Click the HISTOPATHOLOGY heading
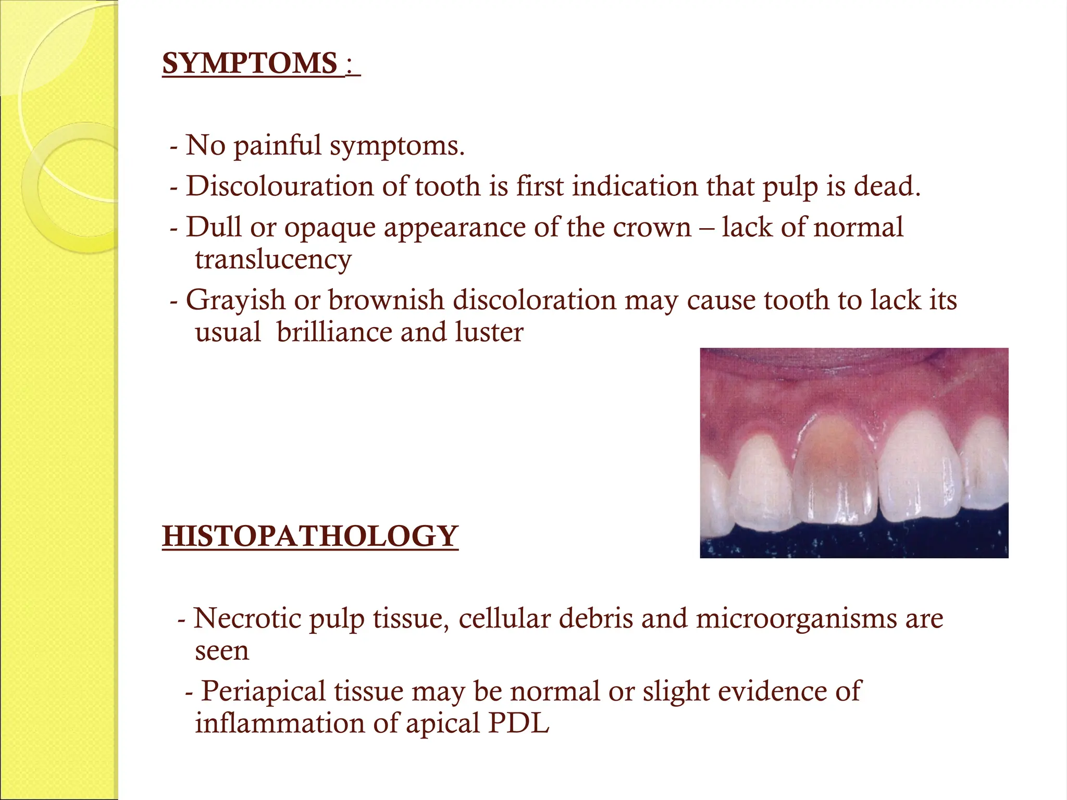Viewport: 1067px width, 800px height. (310, 536)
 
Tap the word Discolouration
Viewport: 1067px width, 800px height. (280, 186)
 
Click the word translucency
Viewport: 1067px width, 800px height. (273, 259)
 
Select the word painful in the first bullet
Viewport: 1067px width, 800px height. (277, 145)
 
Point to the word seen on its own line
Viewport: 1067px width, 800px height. (222, 651)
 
